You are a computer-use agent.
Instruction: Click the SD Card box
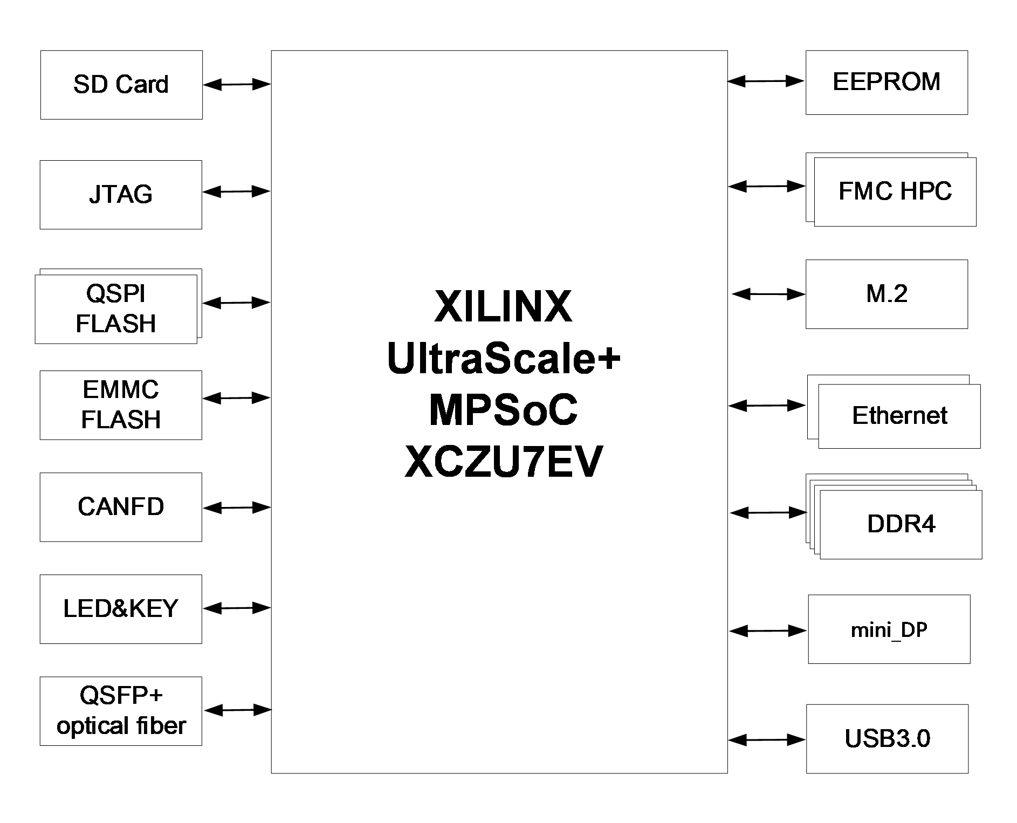pos(121,85)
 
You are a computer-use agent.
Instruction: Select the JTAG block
pos(121,195)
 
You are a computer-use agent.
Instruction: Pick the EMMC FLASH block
pos(121,405)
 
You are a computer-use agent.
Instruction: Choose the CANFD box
pos(121,507)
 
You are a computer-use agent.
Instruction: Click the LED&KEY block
pos(121,609)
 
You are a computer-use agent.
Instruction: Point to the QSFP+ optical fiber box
pos(121,711)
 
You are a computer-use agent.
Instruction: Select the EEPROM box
pos(887,83)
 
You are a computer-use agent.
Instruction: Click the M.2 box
pos(887,294)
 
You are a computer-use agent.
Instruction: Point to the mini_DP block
pos(889,629)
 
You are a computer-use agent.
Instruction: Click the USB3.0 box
pos(887,738)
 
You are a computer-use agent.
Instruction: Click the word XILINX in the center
pos(503,307)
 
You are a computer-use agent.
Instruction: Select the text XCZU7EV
pos(503,462)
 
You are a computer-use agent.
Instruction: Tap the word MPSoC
pos(503,410)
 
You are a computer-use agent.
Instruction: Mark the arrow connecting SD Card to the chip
pos(237,84)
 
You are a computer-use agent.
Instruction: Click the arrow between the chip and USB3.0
pos(767,740)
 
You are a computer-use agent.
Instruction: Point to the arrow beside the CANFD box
pos(237,507)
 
